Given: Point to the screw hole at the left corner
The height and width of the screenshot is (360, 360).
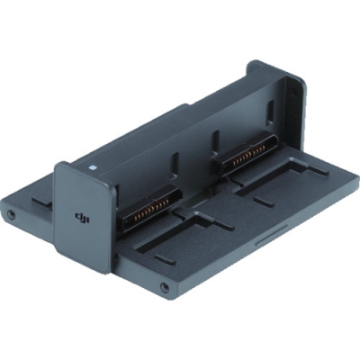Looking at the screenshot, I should (11, 215).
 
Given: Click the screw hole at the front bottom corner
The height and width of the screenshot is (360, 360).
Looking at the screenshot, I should (164, 289).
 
